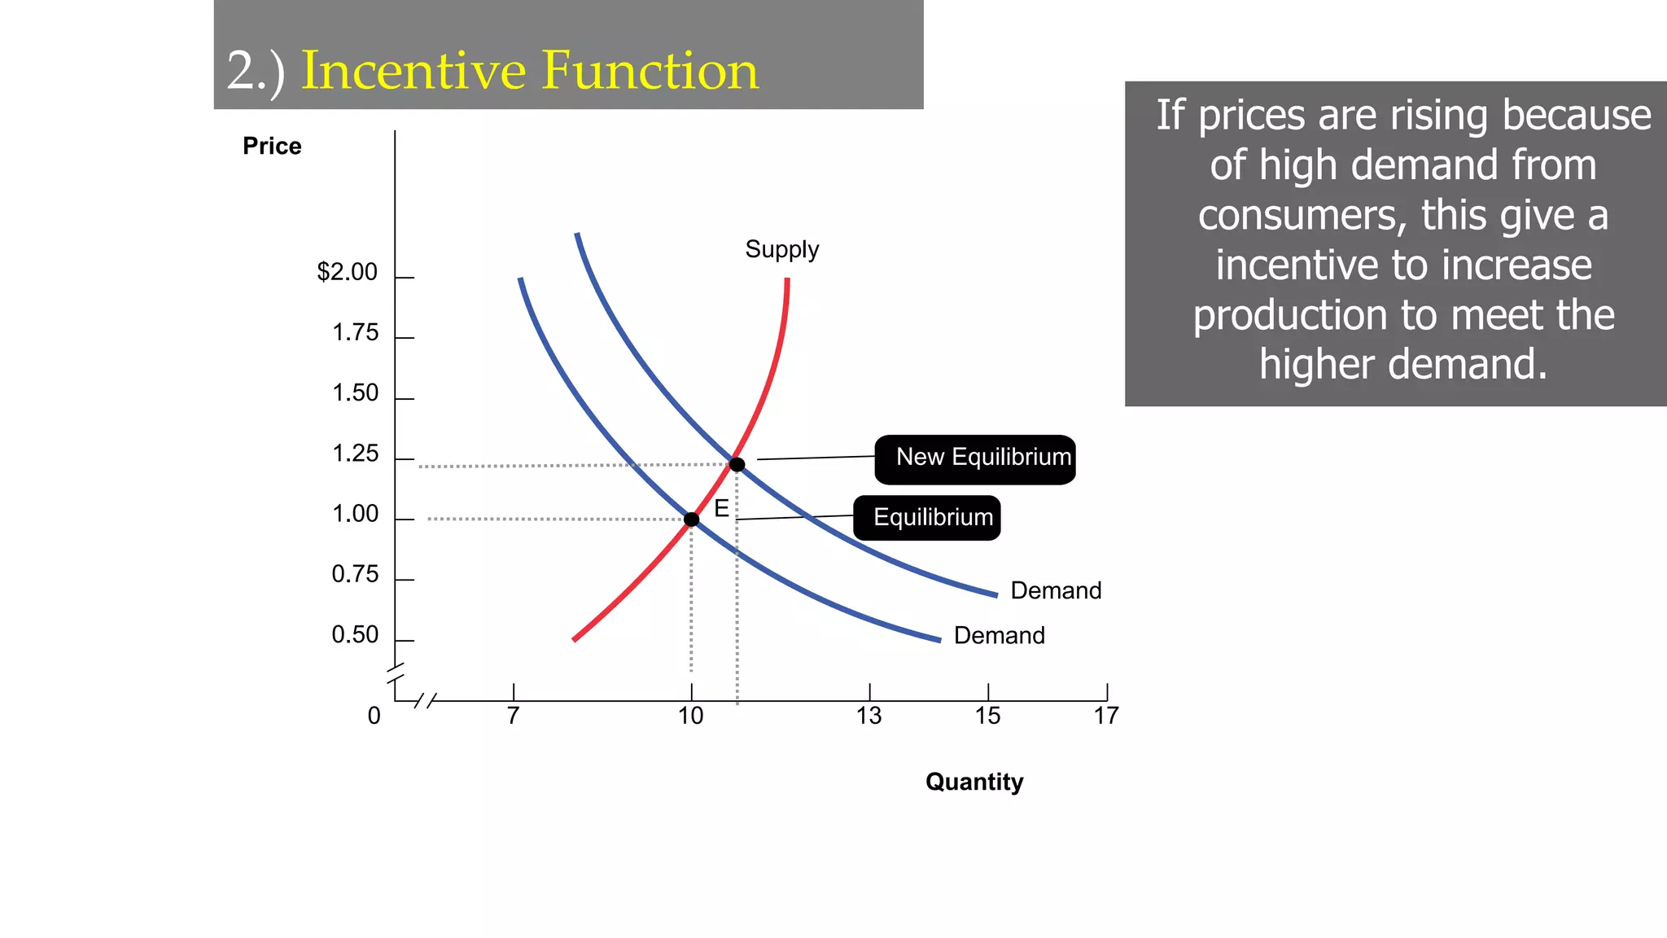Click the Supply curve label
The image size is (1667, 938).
click(x=781, y=249)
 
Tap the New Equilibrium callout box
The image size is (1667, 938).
click(x=975, y=459)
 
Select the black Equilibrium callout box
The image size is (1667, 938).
click(x=926, y=518)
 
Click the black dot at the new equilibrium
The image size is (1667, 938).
click(x=737, y=465)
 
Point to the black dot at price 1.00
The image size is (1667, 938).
click(x=691, y=519)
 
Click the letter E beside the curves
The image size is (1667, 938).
click(x=721, y=509)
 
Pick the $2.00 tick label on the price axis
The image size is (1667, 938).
click(x=348, y=272)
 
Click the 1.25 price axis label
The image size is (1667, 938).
click(x=356, y=454)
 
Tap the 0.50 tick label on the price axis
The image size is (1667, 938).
click(x=356, y=635)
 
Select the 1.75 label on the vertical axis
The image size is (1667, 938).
click(x=356, y=333)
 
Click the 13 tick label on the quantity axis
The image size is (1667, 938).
click(x=869, y=717)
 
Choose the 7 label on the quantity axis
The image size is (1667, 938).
click(x=513, y=717)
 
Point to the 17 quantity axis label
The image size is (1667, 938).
click(x=1106, y=717)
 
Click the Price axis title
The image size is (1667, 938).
click(x=272, y=147)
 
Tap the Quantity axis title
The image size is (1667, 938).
click(x=974, y=782)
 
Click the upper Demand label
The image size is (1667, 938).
click(x=1056, y=591)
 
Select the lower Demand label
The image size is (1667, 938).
click(x=999, y=636)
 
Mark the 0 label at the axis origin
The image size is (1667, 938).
click(x=374, y=717)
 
